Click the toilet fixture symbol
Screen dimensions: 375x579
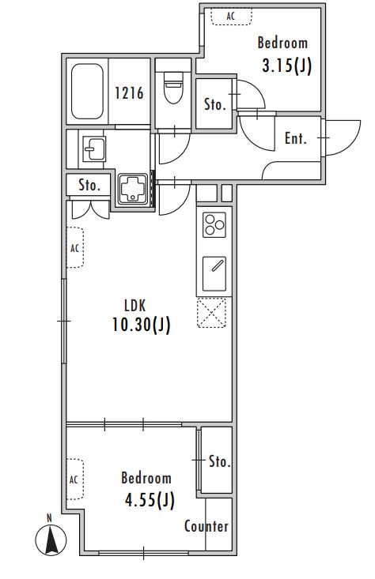173,88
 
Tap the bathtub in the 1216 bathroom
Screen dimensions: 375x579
87,91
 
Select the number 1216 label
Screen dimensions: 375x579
129,93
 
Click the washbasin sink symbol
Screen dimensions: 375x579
94,149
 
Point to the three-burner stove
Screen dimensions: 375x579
214,225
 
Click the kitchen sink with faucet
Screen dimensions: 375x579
214,273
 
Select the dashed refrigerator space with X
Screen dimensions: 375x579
211,313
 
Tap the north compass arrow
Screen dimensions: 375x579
51,540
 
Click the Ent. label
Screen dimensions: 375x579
295,138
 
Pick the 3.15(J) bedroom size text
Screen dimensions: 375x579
287,66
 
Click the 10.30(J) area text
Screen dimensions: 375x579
142,325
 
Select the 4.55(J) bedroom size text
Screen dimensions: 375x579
150,500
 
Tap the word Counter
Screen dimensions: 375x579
206,526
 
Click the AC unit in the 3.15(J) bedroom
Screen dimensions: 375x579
232,17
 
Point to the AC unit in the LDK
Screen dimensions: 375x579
75,247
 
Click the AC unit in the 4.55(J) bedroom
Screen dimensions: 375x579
75,479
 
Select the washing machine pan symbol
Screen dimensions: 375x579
132,189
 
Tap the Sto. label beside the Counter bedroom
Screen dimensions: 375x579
220,461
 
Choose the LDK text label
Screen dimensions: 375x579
135,306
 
